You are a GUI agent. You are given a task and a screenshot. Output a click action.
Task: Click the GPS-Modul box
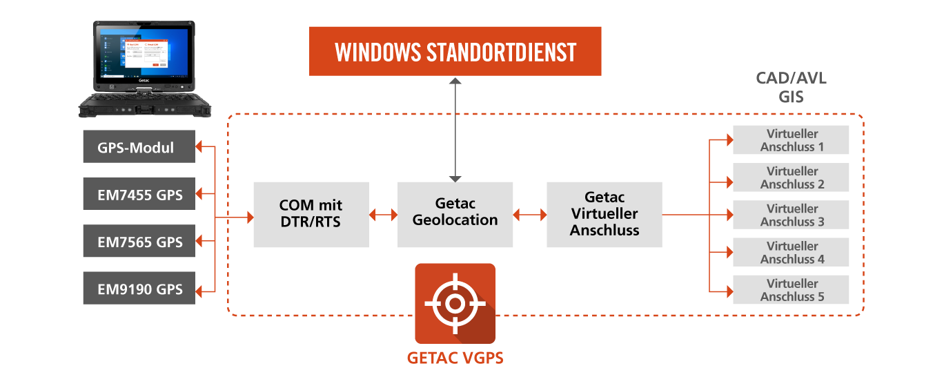[x=139, y=146]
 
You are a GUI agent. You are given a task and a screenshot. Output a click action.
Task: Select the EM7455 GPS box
[x=139, y=194]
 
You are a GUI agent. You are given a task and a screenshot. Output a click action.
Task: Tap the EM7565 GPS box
[x=139, y=241]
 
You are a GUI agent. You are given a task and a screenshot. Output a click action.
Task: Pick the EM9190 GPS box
[x=139, y=288]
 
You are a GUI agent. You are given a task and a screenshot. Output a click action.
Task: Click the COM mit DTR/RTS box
[x=311, y=215]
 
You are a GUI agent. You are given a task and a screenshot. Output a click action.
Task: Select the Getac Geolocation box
[x=455, y=215]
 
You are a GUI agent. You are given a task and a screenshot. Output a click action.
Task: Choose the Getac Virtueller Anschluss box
[x=605, y=215]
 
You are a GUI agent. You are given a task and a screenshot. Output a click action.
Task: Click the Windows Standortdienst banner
[x=455, y=51]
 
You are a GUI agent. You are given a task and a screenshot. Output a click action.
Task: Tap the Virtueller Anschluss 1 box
[x=791, y=140]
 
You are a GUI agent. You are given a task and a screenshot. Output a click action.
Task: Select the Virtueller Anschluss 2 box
[x=791, y=177]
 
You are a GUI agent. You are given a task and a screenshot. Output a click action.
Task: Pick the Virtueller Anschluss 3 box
[x=791, y=215]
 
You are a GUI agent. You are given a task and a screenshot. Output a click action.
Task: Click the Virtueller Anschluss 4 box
[x=791, y=253]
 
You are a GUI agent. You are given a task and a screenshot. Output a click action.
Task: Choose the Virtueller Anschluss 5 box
[x=791, y=289]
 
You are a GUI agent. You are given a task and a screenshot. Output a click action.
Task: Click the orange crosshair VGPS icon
[x=455, y=303]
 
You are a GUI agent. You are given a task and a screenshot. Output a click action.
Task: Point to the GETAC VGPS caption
[x=455, y=358]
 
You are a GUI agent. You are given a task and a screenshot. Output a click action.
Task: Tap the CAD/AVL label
[x=791, y=78]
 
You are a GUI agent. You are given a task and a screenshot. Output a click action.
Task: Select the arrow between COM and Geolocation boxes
[x=383, y=215]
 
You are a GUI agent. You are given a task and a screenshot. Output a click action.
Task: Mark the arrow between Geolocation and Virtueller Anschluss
[x=530, y=215]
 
